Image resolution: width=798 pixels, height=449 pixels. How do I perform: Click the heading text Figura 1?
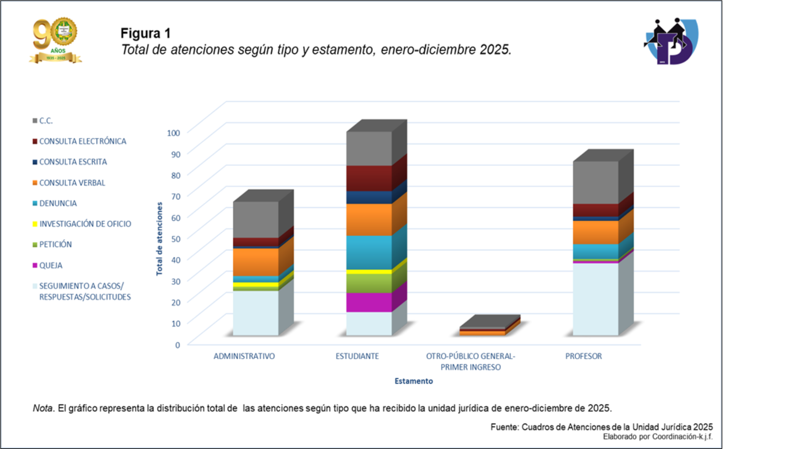145,33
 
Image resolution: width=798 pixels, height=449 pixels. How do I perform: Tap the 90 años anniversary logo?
56,40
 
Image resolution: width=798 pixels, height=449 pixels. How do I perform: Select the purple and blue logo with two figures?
671,41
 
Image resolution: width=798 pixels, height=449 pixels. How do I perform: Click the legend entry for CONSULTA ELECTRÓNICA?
82,141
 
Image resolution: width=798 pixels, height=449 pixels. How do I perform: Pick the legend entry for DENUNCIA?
58,203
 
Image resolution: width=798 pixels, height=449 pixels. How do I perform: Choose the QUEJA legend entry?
50,265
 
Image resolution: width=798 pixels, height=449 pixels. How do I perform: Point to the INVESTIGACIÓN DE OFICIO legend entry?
85,224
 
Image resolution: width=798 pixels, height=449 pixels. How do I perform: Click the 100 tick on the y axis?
173,133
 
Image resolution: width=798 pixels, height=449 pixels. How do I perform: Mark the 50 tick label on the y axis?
176,239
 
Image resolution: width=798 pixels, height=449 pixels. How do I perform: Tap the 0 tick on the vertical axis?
177,345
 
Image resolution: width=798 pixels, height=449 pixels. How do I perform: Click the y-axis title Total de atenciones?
160,239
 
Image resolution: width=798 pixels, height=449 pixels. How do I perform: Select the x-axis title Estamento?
414,381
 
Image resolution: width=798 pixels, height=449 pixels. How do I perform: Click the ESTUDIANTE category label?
357,356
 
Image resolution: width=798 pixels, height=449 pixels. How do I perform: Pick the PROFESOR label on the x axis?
583,356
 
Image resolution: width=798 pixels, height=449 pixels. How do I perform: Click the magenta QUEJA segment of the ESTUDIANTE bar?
369,302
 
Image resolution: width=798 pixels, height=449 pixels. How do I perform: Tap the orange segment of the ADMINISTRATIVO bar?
256,262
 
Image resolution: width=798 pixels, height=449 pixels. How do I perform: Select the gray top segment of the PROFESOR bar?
596,183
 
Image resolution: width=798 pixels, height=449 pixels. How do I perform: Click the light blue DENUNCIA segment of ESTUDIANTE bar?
369,252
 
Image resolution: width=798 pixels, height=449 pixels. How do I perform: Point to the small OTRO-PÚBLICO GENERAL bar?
482,331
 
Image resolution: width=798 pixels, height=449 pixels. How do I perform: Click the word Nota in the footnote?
43,408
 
